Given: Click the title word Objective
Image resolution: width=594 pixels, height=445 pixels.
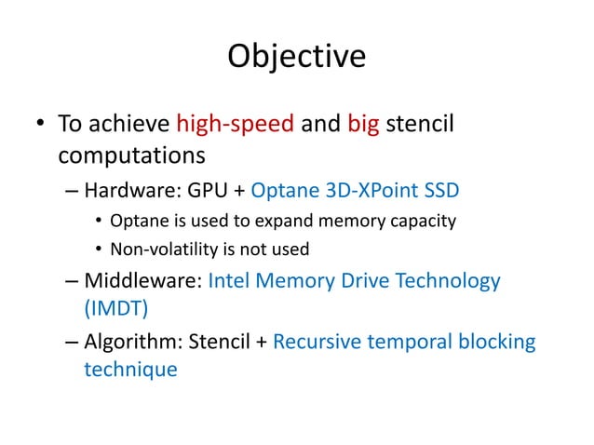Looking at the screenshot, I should pyautogui.click(x=296, y=57).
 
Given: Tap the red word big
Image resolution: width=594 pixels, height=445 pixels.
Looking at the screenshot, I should pyautogui.click(x=364, y=124).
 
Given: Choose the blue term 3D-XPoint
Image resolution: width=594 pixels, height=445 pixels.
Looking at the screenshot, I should pyautogui.click(x=373, y=191).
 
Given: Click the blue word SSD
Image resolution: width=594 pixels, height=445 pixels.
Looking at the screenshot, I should pyautogui.click(x=440, y=191).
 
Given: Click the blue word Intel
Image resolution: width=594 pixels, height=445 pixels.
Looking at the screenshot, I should pyautogui.click(x=231, y=280).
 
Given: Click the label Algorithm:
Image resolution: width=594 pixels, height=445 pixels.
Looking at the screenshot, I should pyautogui.click(x=134, y=341).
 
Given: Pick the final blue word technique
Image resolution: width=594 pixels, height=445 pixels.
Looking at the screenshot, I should pyautogui.click(x=130, y=369).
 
